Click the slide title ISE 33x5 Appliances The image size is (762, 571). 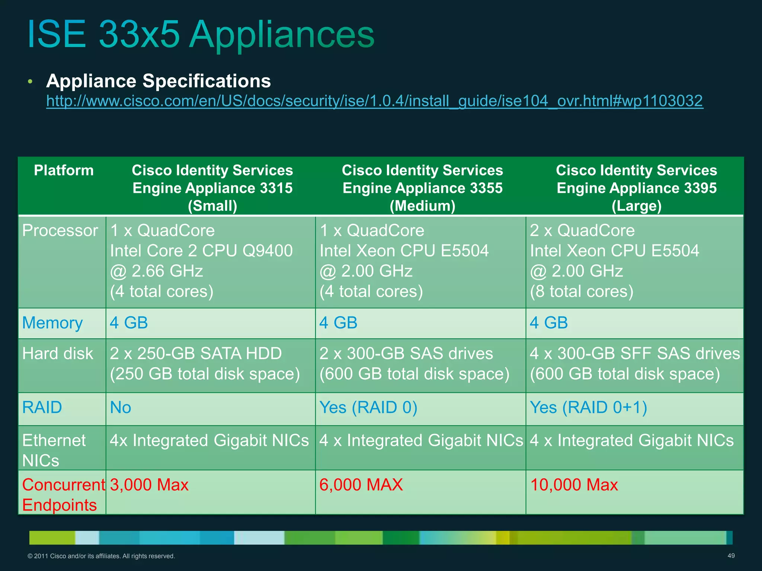click(x=201, y=34)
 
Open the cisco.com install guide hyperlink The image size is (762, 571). click(x=375, y=101)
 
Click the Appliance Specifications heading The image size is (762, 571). click(x=159, y=81)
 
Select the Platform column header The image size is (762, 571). click(x=64, y=171)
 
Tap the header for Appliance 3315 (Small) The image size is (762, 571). click(x=212, y=188)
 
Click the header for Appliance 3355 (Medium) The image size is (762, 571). click(x=422, y=188)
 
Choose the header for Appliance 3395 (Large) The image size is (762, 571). click(x=636, y=188)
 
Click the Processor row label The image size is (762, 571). click(x=60, y=230)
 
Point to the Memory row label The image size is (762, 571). click(x=52, y=323)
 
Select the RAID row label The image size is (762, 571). click(x=42, y=407)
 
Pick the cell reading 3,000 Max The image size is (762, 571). click(x=149, y=485)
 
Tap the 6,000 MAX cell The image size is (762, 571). click(x=361, y=485)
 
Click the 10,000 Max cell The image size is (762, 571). click(x=574, y=485)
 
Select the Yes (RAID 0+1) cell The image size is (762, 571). click(x=588, y=407)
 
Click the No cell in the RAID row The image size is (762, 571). click(x=121, y=408)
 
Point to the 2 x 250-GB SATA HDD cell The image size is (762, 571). click(x=196, y=354)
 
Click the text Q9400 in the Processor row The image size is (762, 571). click(x=268, y=251)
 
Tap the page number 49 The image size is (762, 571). click(x=731, y=556)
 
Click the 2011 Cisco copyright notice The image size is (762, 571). click(x=101, y=556)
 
